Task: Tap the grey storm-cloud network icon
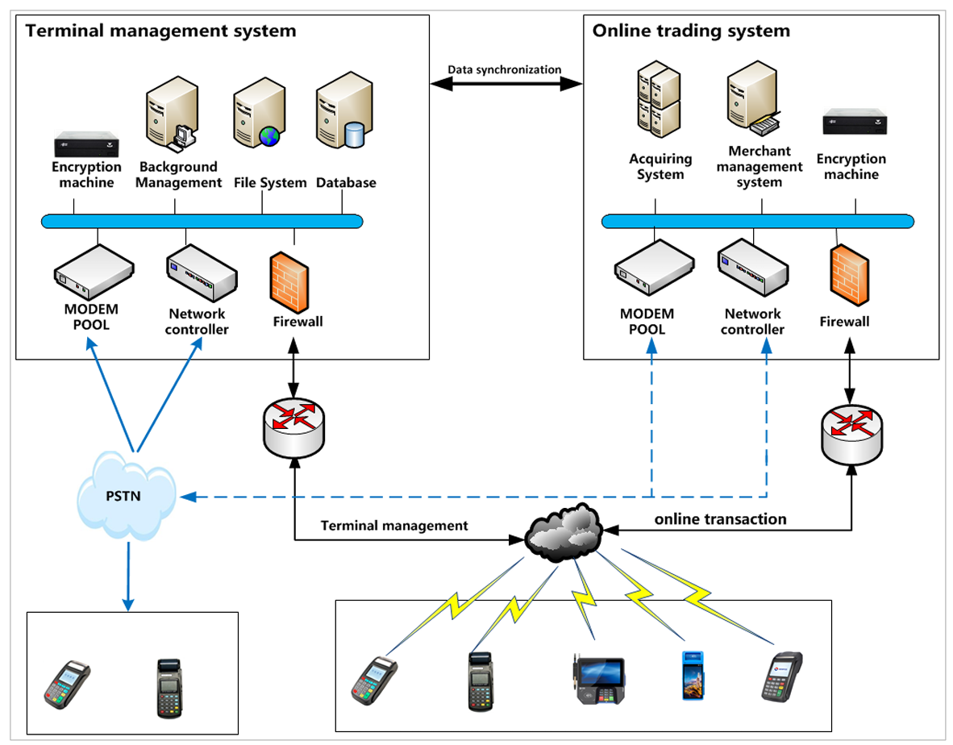pyautogui.click(x=564, y=532)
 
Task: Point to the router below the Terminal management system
pyautogui.click(x=293, y=422)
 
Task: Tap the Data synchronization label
pyautogui.click(x=505, y=69)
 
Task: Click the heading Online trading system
pyautogui.click(x=691, y=31)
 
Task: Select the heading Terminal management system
pyautogui.click(x=161, y=31)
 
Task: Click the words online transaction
pyautogui.click(x=720, y=519)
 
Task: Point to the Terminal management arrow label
pyautogui.click(x=394, y=526)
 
